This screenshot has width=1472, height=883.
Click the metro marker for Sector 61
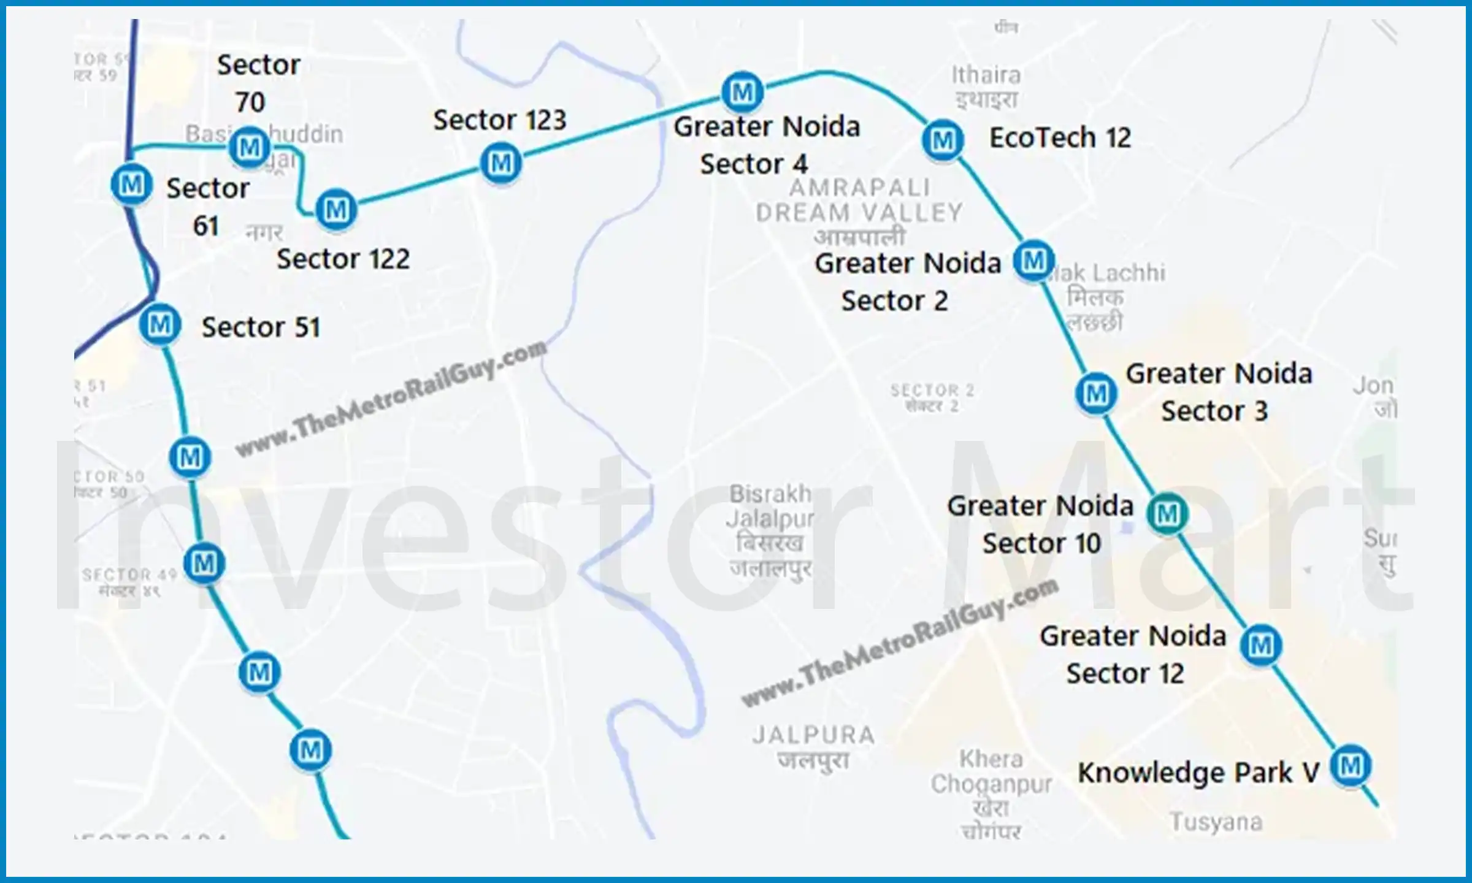131,184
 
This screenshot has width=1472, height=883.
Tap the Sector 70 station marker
249,147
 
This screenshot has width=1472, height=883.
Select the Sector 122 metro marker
336,210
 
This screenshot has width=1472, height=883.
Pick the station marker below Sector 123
501,163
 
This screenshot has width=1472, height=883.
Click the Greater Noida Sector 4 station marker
742,92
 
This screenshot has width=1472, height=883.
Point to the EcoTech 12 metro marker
943,140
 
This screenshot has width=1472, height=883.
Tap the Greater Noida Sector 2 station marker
1033,261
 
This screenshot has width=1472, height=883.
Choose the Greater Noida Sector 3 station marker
1096,393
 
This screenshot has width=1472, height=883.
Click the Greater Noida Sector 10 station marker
1167,513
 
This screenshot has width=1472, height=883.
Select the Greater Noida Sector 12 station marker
1260,645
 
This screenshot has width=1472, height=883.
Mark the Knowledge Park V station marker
1351,765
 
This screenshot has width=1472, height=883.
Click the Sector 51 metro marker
160,324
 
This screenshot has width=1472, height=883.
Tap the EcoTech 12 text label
1060,137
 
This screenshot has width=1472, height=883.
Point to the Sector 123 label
499,120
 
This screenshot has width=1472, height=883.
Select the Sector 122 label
343,259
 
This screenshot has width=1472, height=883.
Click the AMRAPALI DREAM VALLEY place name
859,201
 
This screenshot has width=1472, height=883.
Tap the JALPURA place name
813,735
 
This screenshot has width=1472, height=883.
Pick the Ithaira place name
986,75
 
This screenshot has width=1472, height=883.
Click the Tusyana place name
1216,822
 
